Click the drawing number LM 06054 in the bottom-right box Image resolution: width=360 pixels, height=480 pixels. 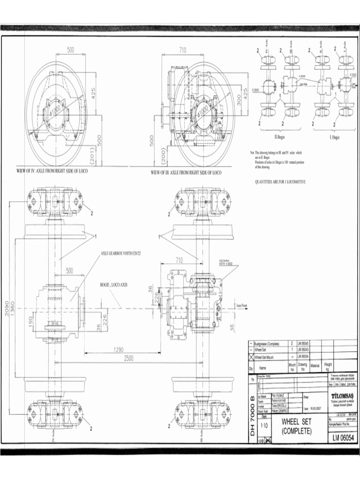pos(341,438)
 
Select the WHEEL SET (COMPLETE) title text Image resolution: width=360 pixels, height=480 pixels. pos(296,426)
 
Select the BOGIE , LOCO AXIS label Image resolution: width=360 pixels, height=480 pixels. pos(113,285)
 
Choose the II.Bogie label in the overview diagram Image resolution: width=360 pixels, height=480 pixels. pos(281,137)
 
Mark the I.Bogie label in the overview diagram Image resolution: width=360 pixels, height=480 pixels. pos(335,137)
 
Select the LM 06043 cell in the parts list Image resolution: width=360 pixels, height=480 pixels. pos(302,350)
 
